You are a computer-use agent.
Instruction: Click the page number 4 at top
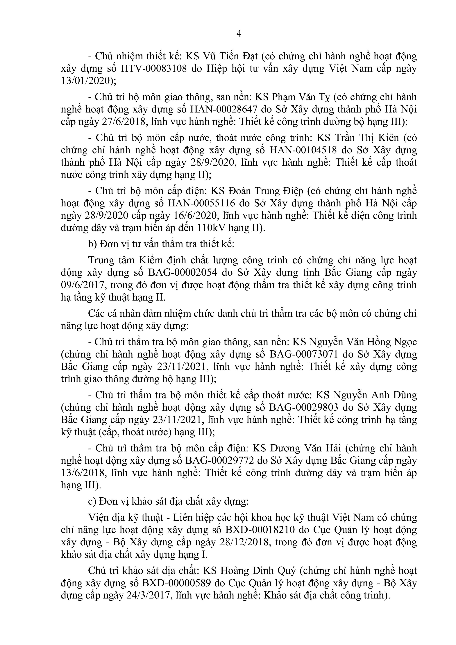[x=239, y=34]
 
